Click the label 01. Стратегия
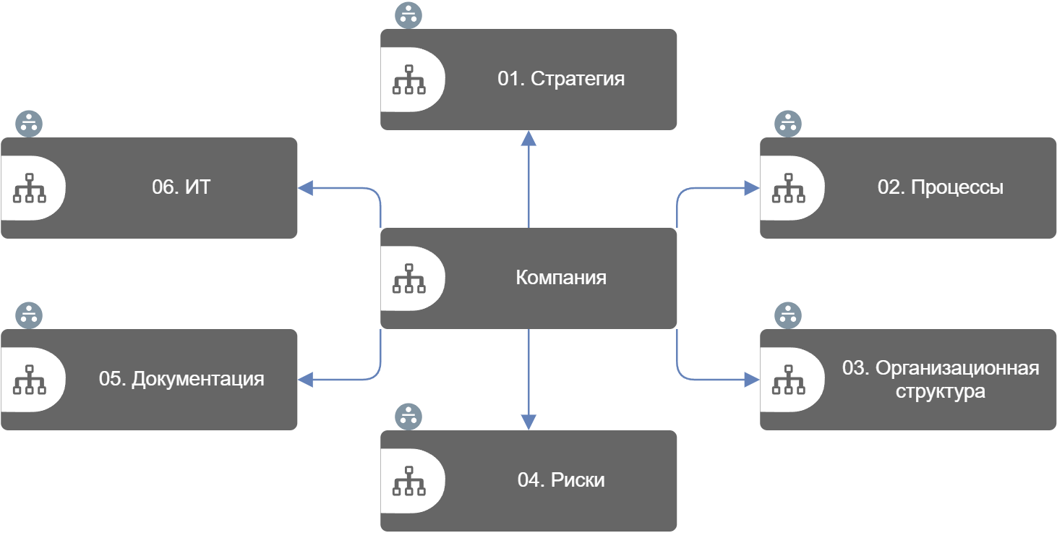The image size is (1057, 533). tap(560, 79)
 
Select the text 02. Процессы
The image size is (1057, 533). tap(940, 187)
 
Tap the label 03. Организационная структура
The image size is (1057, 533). tap(940, 380)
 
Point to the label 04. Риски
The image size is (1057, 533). tap(560, 480)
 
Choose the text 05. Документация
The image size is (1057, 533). tap(181, 379)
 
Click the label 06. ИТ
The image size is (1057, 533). tap(181, 187)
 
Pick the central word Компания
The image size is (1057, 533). tap(560, 278)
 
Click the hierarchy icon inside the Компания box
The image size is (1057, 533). tap(408, 278)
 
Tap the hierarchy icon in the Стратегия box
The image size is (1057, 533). tap(408, 80)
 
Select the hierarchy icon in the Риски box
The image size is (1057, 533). tap(408, 481)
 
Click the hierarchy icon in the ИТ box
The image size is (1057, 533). tap(29, 188)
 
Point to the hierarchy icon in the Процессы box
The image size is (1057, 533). tap(788, 188)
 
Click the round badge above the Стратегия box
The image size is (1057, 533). tap(408, 16)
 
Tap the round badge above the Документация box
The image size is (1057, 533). tap(29, 315)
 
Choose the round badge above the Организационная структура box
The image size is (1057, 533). tap(788, 315)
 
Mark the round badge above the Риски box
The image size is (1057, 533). tap(408, 417)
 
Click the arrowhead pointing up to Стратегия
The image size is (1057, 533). tap(528, 137)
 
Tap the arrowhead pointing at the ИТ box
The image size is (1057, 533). tap(305, 188)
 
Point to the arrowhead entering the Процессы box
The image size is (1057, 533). tap(752, 188)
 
